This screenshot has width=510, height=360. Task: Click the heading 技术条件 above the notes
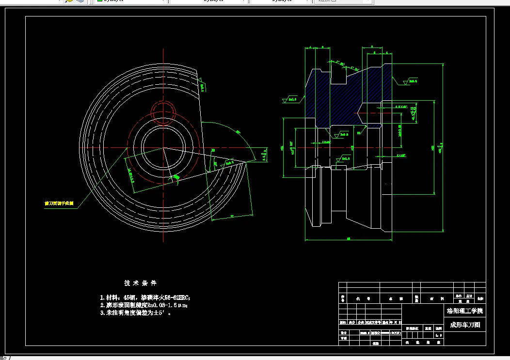pyautogui.click(x=140, y=283)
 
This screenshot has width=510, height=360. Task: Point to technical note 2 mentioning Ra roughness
pyautogui.click(x=143, y=305)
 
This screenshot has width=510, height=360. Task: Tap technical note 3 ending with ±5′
pyautogui.click(x=135, y=313)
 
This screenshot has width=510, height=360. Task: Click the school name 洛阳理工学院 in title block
pyautogui.click(x=464, y=311)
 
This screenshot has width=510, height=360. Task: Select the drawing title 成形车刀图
pyautogui.click(x=464, y=325)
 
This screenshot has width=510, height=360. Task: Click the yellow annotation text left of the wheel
pyautogui.click(x=59, y=204)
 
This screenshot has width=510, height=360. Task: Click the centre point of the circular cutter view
pyautogui.click(x=163, y=147)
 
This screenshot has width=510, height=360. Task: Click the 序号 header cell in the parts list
pyautogui.click(x=342, y=299)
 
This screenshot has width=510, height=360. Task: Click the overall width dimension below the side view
pyautogui.click(x=349, y=238)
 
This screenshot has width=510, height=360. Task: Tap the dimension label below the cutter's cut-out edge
pyautogui.click(x=232, y=215)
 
